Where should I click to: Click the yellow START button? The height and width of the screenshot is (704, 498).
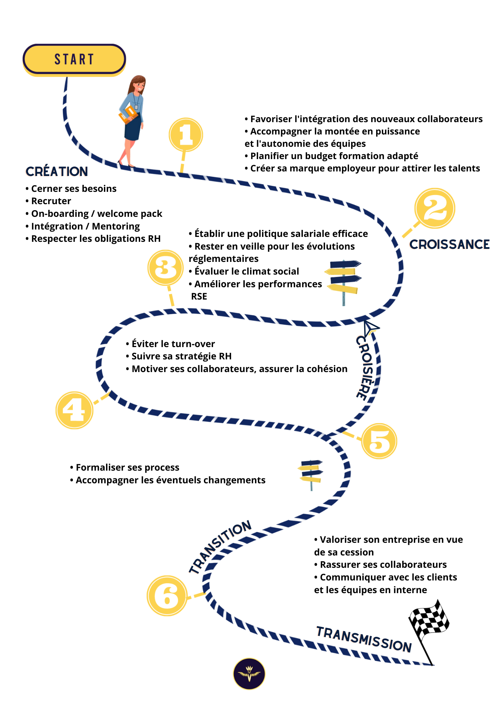pyautogui.click(x=74, y=59)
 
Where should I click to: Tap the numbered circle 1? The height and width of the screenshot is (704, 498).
pyautogui.click(x=186, y=134)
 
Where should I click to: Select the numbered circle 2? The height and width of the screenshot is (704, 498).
pyautogui.click(x=435, y=208)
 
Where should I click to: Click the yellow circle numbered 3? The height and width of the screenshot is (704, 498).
pyautogui.click(x=165, y=268)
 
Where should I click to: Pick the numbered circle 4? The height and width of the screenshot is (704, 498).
pyautogui.click(x=74, y=410)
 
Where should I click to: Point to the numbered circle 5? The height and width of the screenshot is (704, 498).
pyautogui.click(x=379, y=441)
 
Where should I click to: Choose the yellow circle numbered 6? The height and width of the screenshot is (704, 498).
pyautogui.click(x=167, y=596)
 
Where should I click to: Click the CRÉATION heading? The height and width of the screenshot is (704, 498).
pyautogui.click(x=57, y=171)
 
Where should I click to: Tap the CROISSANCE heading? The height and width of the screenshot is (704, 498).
pyautogui.click(x=449, y=244)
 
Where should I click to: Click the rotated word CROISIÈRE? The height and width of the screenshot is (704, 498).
pyautogui.click(x=365, y=368)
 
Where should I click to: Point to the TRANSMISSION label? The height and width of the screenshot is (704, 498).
pyautogui.click(x=364, y=639)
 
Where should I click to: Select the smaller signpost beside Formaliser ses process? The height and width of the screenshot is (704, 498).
pyautogui.click(x=311, y=473)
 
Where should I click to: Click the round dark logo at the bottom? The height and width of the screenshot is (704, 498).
pyautogui.click(x=249, y=673)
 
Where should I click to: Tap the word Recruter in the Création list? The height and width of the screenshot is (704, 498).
pyautogui.click(x=51, y=201)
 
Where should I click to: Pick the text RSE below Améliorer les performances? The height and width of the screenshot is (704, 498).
pyautogui.click(x=199, y=296)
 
